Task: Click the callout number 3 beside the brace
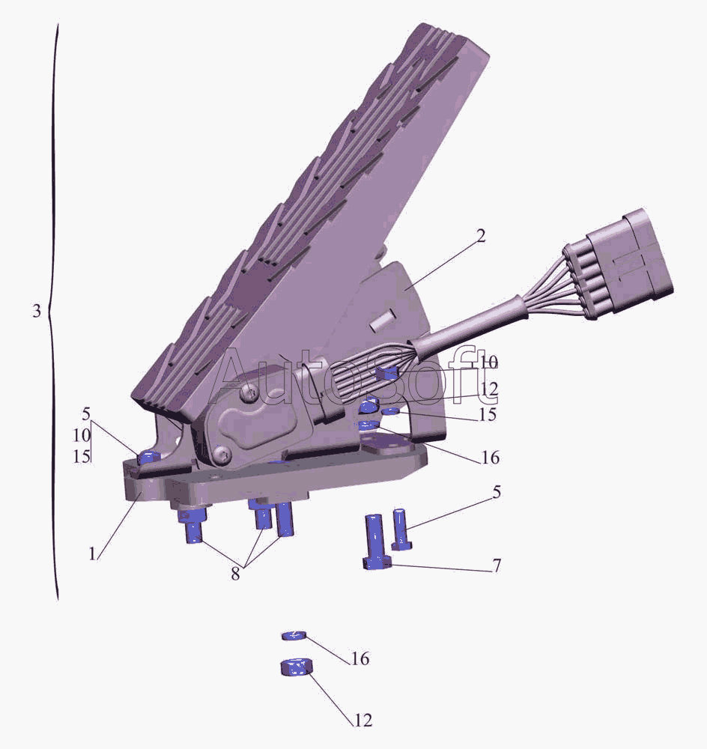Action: coord(37,312)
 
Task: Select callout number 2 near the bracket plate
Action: coord(481,235)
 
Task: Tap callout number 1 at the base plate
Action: coord(92,554)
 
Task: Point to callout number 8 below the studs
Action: coord(235,574)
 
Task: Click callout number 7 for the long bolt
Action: coord(497,565)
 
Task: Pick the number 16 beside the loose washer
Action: coord(361,658)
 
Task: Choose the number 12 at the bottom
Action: coord(363,720)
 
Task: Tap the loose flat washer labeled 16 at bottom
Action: coord(294,635)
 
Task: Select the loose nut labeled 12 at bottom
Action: coord(296,667)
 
